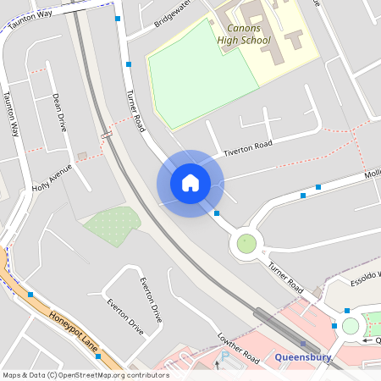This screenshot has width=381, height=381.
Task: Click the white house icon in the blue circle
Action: [x=190, y=183]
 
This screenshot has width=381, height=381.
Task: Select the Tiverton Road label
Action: [x=248, y=148]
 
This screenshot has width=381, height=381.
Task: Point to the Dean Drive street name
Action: [x=59, y=112]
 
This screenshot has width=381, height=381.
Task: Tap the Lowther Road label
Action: [x=238, y=346]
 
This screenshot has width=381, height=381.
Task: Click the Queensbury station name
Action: [x=301, y=357]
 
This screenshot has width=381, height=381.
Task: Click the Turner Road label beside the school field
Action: [x=135, y=111]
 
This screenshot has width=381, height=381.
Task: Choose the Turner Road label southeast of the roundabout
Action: [x=284, y=277]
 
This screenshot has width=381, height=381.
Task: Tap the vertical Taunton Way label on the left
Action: [x=12, y=114]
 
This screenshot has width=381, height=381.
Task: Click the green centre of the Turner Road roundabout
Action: [x=246, y=244]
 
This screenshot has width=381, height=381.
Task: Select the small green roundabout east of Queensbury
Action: [x=351, y=326]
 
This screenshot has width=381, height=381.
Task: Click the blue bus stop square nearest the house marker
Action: [x=218, y=213]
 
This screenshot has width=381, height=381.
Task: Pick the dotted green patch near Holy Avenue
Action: [x=112, y=223]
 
